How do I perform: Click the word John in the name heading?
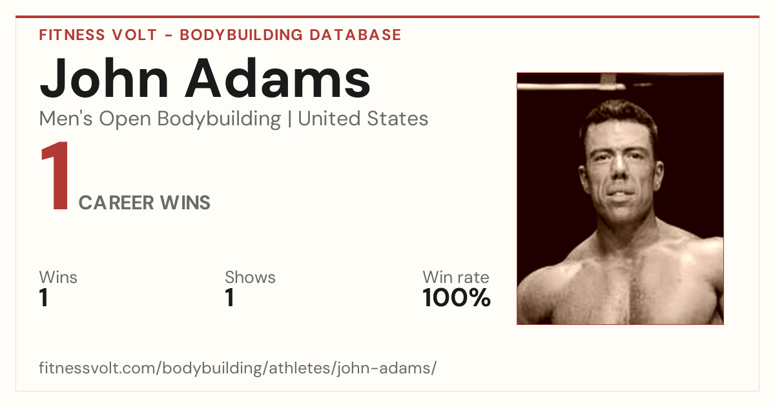coord(104,78)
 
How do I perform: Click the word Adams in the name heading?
coord(278,78)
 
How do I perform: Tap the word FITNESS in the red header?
coord(72,35)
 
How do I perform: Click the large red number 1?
coord(56,175)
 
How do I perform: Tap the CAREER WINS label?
coord(144,203)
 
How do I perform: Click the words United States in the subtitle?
coord(363,119)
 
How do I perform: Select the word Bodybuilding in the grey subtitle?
coord(219,120)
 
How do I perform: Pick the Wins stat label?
coord(58,277)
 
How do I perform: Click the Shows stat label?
coord(250,277)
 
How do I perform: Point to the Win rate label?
coord(456,277)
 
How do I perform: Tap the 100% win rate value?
coord(457,298)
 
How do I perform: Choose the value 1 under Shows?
coord(230,298)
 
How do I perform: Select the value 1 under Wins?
coord(44,298)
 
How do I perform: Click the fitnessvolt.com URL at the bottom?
coord(238,368)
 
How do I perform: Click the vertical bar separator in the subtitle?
coord(289,120)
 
